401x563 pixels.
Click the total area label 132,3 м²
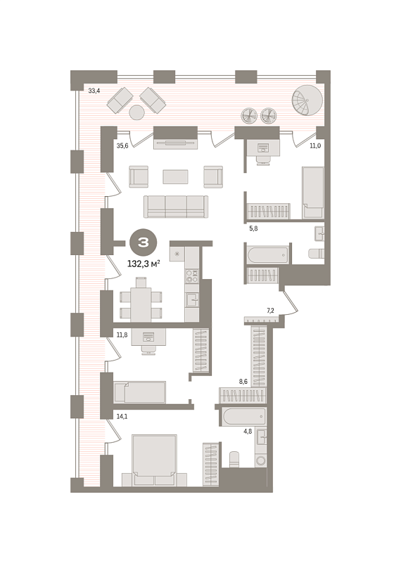[x=144, y=264]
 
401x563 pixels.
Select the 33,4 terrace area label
[x=94, y=91]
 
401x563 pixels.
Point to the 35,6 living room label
[x=122, y=145]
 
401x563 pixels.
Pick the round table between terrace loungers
[x=137, y=112]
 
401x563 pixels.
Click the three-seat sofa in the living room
[x=176, y=207]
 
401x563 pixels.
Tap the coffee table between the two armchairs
[x=175, y=176]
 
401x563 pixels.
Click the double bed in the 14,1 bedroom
[x=155, y=460]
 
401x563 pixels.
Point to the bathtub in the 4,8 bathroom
[x=243, y=417]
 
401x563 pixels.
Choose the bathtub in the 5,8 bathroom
[x=268, y=254]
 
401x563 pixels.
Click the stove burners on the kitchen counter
[x=192, y=276]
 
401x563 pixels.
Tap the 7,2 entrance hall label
[x=271, y=311]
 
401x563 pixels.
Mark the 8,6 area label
[x=243, y=382]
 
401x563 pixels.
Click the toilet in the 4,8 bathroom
[x=235, y=459]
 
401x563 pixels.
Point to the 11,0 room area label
[x=315, y=145]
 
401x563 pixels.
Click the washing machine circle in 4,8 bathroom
[x=261, y=460]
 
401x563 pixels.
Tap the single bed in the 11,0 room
[x=313, y=193]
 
